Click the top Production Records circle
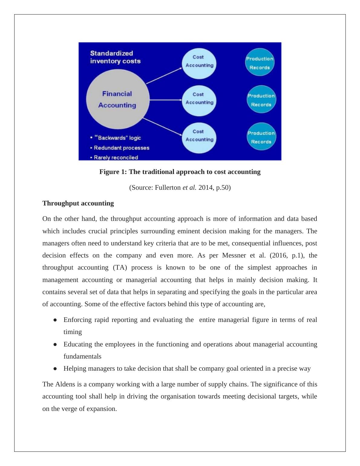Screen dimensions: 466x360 260,63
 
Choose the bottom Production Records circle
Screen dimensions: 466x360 261,137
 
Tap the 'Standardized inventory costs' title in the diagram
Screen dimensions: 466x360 115,57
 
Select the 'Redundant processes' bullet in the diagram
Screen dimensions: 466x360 121,148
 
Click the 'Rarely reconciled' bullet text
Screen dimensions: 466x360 116,157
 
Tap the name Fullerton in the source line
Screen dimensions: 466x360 168,188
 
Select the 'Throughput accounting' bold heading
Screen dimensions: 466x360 78,203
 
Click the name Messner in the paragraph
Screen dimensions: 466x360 234,255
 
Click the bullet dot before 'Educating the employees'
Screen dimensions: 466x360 55,344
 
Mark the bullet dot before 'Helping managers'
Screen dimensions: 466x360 55,369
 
